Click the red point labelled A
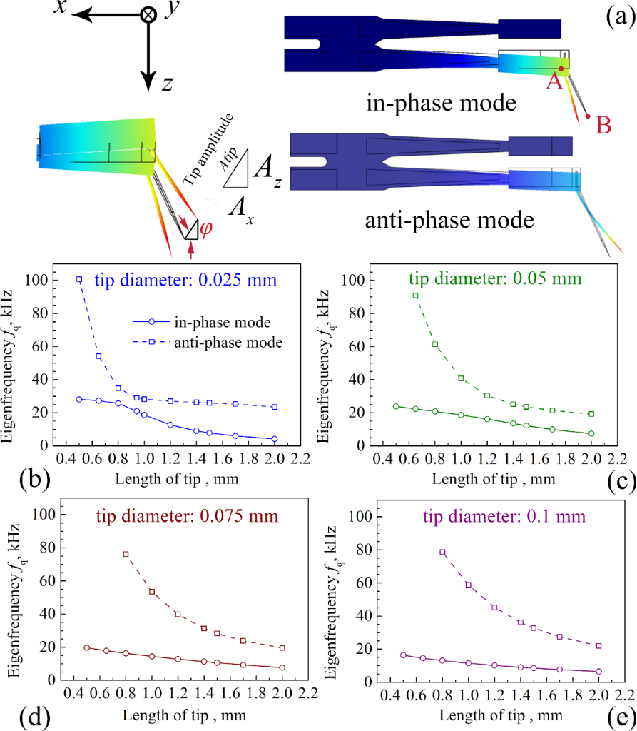pos(561,69)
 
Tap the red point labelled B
pos(587,116)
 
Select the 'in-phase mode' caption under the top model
pos(440,103)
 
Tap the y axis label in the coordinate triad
pos(172,14)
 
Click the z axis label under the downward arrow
pos(166,84)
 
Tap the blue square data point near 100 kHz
pos(79,279)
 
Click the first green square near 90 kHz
pos(415,295)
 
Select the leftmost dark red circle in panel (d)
pos(86,648)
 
